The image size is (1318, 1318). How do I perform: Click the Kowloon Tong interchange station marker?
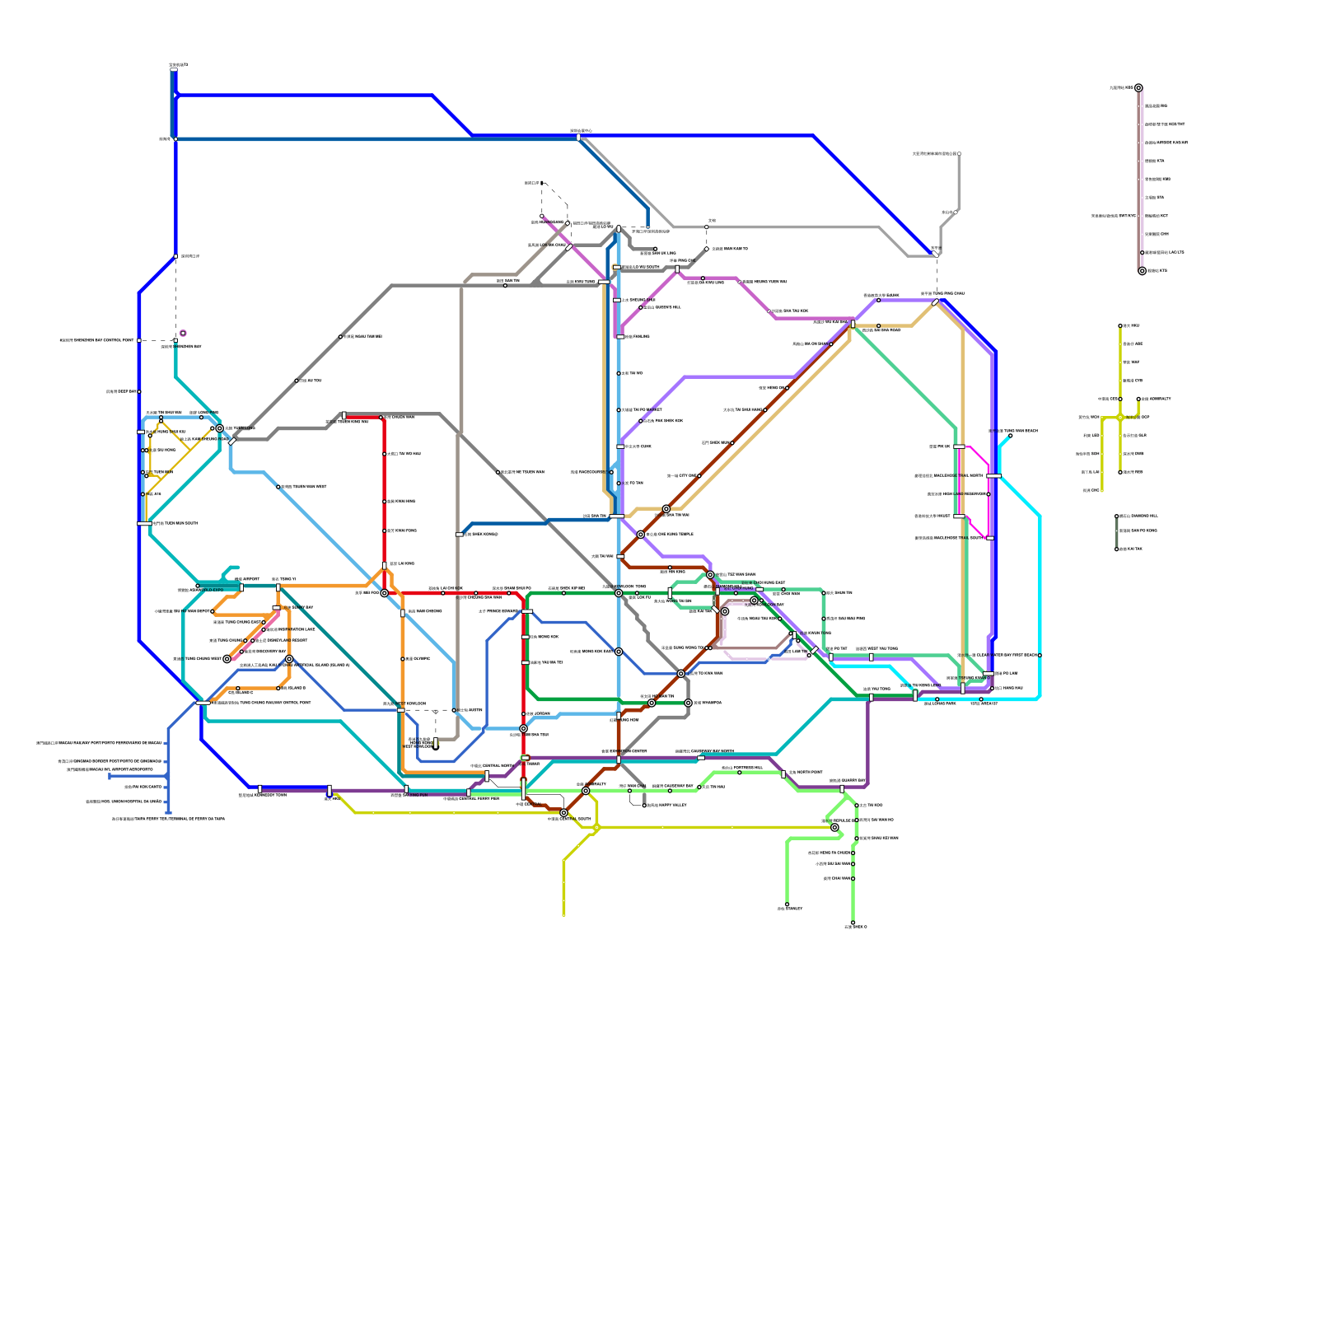coord(619,593)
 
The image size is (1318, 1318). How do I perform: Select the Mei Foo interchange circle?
coord(384,593)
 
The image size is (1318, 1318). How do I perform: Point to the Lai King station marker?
coord(385,565)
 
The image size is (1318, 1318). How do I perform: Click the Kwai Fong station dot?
coord(385,531)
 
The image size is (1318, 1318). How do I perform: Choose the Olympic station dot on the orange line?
coord(403,659)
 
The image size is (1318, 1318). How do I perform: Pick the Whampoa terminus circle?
coord(688,703)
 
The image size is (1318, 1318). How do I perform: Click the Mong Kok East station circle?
coord(619,652)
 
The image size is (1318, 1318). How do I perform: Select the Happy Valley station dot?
coord(644,806)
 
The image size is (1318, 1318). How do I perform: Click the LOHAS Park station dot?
coord(1040,656)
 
